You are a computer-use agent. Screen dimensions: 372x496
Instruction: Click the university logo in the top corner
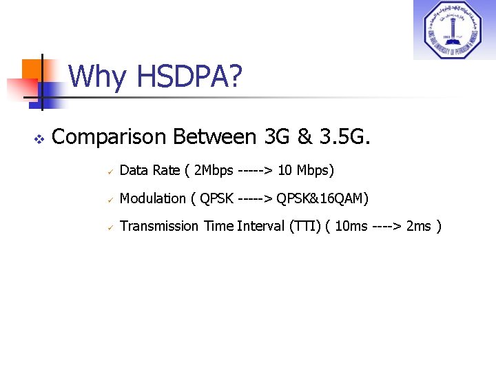click(454, 30)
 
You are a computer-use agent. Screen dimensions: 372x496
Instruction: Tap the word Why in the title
click(97, 77)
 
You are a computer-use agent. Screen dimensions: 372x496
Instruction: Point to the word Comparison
click(110, 138)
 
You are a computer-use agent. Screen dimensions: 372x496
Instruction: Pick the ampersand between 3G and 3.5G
click(304, 137)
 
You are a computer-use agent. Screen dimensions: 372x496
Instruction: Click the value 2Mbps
click(214, 170)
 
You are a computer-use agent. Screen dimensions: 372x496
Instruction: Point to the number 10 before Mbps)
click(285, 170)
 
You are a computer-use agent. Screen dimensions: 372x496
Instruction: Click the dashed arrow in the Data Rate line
click(255, 170)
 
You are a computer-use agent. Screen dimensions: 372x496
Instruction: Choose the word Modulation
click(152, 198)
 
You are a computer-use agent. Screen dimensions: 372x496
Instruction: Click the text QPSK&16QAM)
click(322, 198)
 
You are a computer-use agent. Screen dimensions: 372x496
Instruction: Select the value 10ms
click(351, 226)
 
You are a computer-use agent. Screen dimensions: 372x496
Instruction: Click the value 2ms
click(418, 226)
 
